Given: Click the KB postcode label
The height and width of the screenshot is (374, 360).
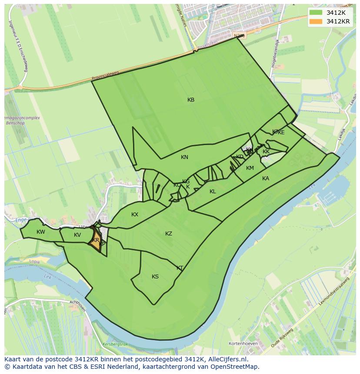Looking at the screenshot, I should coord(191,100).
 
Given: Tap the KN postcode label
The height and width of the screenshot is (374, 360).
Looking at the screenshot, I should coord(184,157).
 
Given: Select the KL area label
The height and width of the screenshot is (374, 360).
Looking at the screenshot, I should coord(213,192).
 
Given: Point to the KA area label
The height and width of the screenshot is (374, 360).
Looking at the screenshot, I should coord(266,179).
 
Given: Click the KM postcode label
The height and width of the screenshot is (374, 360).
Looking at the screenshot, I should coord(250,168).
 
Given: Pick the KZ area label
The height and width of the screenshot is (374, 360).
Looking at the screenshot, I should coord(169,234).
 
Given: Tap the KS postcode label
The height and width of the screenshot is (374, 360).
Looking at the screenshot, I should coord(155,277).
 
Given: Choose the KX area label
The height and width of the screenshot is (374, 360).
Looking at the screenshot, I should coord(135,215).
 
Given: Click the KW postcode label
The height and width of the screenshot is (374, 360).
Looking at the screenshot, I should coord(41,232).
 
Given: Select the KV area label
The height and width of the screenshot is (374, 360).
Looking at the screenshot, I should coord(77,235).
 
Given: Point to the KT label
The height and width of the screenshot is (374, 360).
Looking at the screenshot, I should coord(180,268).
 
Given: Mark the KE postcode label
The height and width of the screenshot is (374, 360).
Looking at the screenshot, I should coord(281,132).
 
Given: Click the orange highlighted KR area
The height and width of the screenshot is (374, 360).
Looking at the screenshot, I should coord(95,241).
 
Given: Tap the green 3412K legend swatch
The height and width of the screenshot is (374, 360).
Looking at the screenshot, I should coord(316,13).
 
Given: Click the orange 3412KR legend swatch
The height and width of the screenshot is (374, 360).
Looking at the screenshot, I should coord(316,21).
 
